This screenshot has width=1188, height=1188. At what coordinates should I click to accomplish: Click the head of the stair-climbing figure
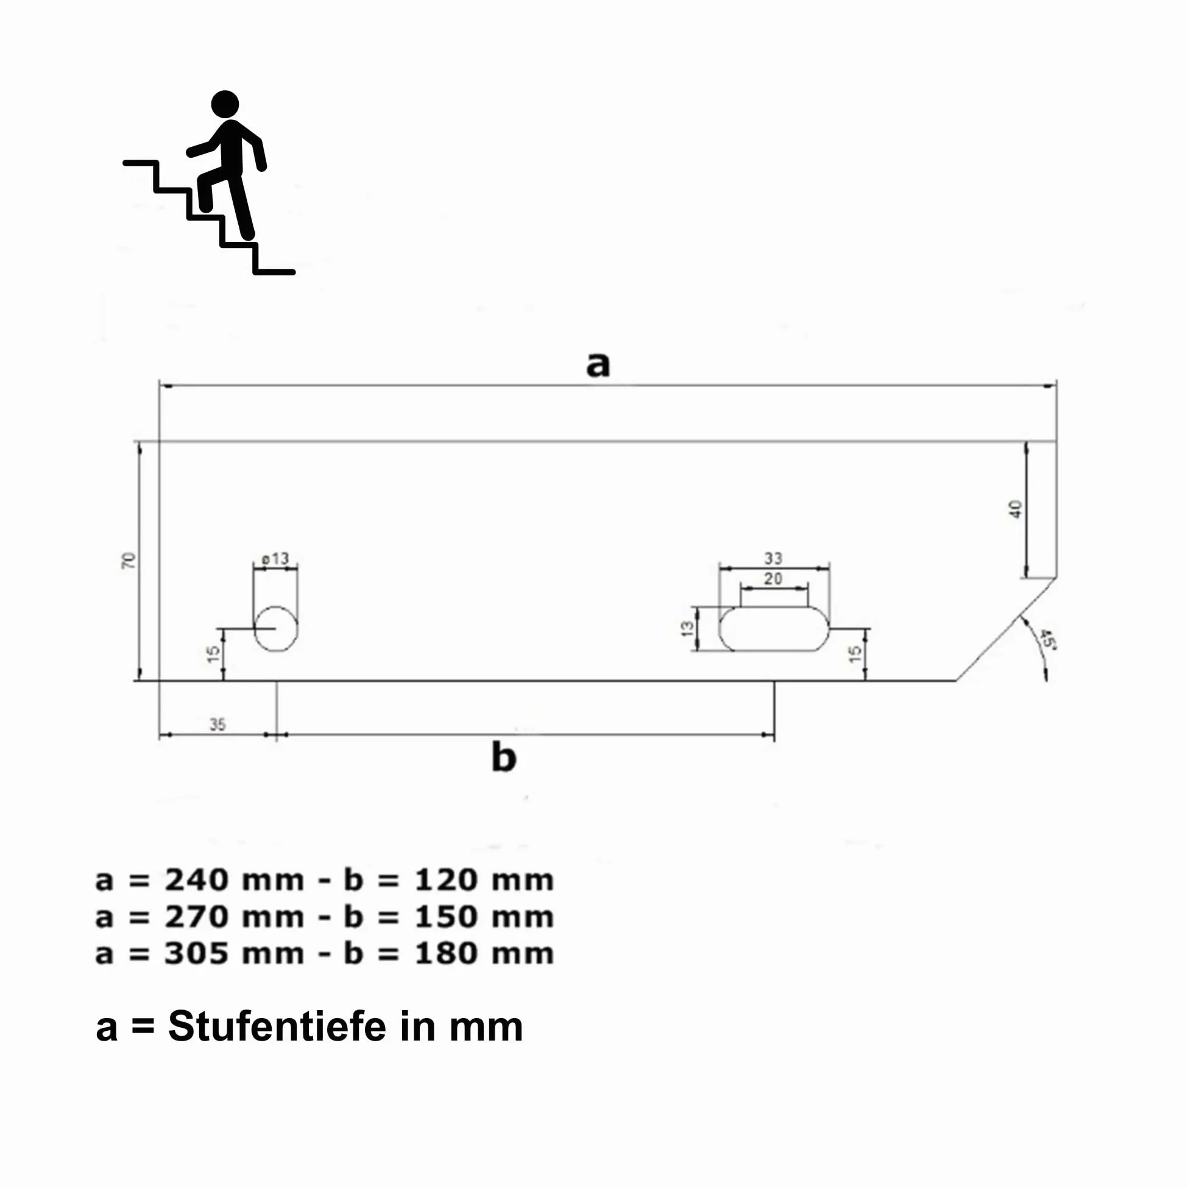point(225,104)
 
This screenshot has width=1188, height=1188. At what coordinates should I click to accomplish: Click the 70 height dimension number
point(129,560)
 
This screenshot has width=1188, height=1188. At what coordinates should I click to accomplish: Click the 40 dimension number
point(1015,509)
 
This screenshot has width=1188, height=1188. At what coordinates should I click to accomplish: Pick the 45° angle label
point(1047,639)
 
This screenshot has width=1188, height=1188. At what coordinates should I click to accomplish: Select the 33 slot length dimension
point(773,558)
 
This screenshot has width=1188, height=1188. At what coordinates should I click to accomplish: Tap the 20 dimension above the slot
point(773,579)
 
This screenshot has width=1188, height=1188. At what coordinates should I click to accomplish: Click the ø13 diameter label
point(275,558)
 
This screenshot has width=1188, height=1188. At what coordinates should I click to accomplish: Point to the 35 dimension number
point(217,725)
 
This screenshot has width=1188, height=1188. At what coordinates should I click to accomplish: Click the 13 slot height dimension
point(687,629)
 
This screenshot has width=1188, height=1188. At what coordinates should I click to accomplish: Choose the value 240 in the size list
point(194,880)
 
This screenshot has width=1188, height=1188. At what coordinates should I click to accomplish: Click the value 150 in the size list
point(445,917)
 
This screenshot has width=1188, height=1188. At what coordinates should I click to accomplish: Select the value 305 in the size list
point(194,953)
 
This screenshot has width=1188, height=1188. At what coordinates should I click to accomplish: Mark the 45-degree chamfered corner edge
point(1006,629)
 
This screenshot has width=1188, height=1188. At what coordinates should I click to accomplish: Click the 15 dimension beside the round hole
point(213,654)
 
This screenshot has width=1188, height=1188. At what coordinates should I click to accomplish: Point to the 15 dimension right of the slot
point(855,654)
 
